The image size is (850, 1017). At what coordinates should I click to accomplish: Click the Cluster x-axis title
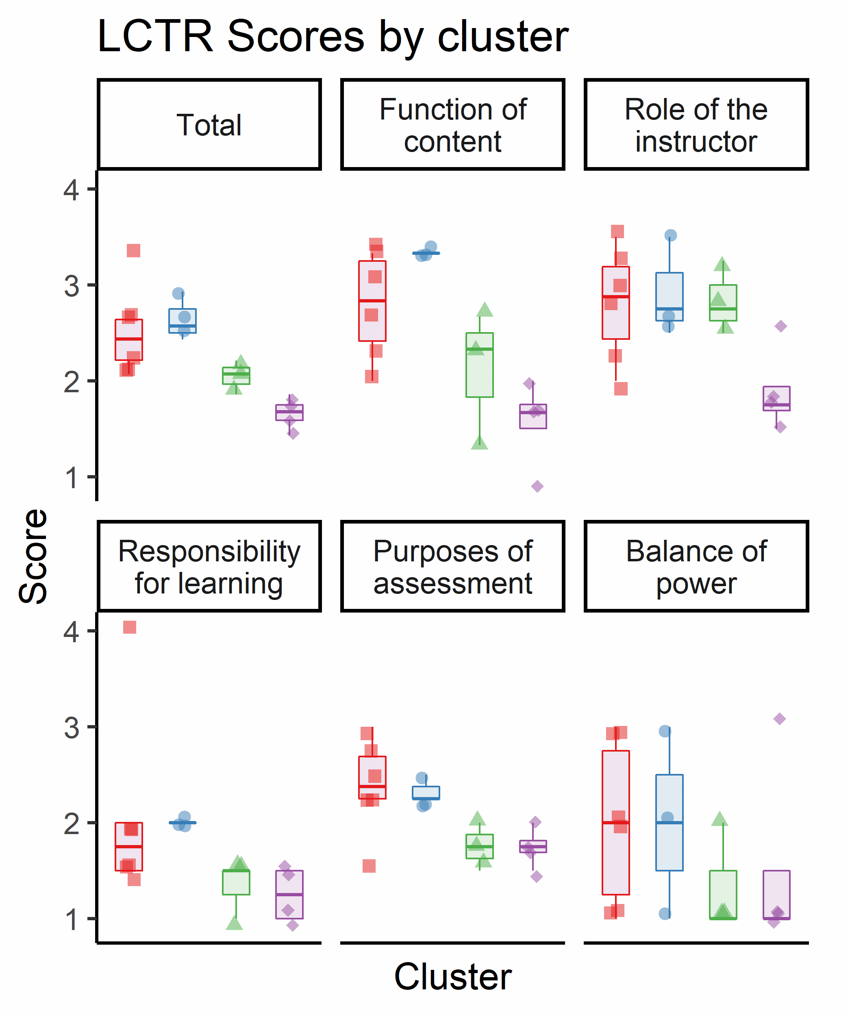pos(452,976)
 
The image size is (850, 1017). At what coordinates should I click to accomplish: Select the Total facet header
pos(209,125)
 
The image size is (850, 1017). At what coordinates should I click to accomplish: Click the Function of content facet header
pos(452,125)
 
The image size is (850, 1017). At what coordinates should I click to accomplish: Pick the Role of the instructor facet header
pos(696,125)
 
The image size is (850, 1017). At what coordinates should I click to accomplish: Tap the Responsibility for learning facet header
pos(209,567)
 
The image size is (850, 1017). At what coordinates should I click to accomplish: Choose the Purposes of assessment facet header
pos(452,567)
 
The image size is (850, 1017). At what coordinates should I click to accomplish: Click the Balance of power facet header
pos(696,567)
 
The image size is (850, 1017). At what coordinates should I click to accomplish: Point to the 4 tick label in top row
pos(71,189)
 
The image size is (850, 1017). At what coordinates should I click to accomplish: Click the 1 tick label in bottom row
pos(71,919)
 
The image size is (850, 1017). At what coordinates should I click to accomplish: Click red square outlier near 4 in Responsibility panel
pos(130,627)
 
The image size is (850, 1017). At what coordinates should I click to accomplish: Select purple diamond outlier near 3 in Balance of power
pos(779,719)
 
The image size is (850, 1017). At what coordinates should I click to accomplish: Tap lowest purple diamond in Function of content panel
pos(537,486)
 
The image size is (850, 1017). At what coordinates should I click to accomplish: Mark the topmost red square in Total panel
pos(134,251)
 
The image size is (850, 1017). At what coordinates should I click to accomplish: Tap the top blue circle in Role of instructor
pos(670,235)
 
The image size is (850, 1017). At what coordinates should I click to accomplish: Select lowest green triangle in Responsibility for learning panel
pos(235,923)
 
